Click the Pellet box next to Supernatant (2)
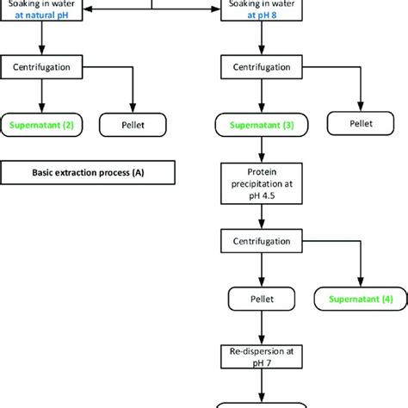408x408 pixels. click(131, 126)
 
